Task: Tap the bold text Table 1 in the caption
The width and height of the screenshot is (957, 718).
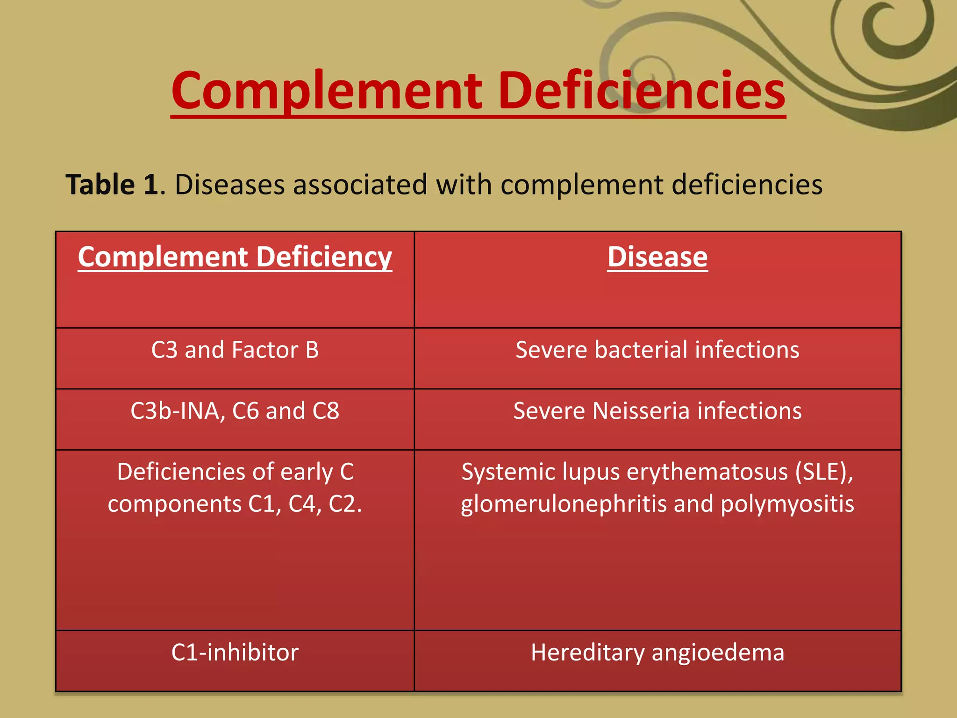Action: (112, 185)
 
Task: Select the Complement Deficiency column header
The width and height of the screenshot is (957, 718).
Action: (235, 257)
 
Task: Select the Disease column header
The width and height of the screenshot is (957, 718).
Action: (657, 257)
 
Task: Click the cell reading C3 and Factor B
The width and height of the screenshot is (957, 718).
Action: (235, 350)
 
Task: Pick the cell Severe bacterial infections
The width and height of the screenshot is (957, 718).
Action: (657, 350)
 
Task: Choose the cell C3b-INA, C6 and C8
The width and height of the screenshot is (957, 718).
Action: (235, 411)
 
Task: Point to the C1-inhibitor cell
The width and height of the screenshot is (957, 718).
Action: (235, 653)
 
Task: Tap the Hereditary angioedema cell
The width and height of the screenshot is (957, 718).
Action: (657, 653)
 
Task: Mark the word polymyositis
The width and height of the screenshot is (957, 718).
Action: (787, 504)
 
